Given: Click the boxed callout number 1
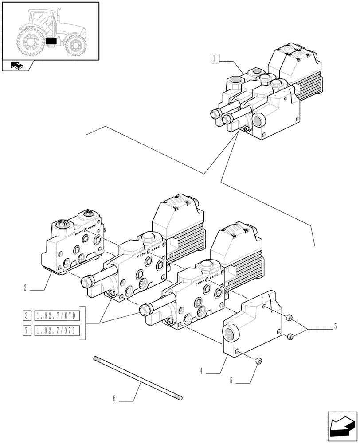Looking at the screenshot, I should [x=215, y=58].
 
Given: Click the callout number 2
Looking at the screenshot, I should [x=26, y=288].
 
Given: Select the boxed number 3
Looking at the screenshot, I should [x=27, y=316].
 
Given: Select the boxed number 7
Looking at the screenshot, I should [x=27, y=330].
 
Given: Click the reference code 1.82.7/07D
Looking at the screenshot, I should [x=56, y=316].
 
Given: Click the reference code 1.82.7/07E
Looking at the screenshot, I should [x=56, y=330].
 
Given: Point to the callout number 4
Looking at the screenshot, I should [x=201, y=371].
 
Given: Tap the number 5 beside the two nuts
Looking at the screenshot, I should [x=335, y=327].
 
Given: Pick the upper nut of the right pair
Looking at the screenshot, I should [x=289, y=318].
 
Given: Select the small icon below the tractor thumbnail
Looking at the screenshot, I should [x=17, y=66].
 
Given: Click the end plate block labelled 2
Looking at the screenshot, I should [x=73, y=246].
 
